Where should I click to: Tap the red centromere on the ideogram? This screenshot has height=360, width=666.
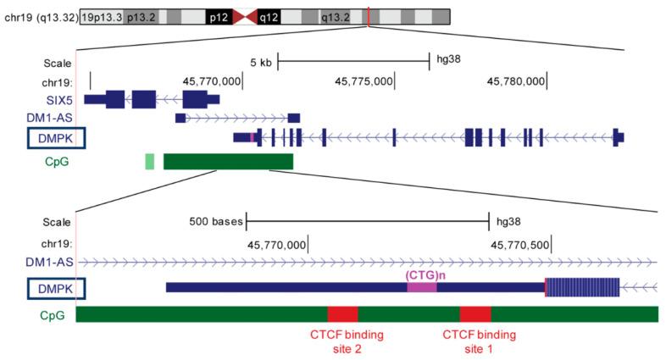[242, 17]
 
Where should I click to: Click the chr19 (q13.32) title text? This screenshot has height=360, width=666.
[40, 17]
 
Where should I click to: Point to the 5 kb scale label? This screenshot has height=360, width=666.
[260, 62]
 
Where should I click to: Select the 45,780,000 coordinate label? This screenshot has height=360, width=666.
[515, 81]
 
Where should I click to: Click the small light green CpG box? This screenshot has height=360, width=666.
[150, 161]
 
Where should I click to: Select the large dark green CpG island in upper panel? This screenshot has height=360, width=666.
[228, 161]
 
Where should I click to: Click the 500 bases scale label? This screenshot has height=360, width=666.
[216, 223]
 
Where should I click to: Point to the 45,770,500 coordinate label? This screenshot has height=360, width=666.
[519, 244]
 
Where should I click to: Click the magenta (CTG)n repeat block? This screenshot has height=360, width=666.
[422, 288]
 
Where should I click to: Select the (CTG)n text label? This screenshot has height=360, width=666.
[422, 275]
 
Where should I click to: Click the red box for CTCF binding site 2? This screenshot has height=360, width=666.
[342, 314]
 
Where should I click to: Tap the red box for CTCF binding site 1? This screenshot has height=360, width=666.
[475, 314]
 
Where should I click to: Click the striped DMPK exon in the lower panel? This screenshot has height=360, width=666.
[582, 288]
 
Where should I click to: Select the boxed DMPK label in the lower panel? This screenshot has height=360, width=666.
[57, 289]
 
